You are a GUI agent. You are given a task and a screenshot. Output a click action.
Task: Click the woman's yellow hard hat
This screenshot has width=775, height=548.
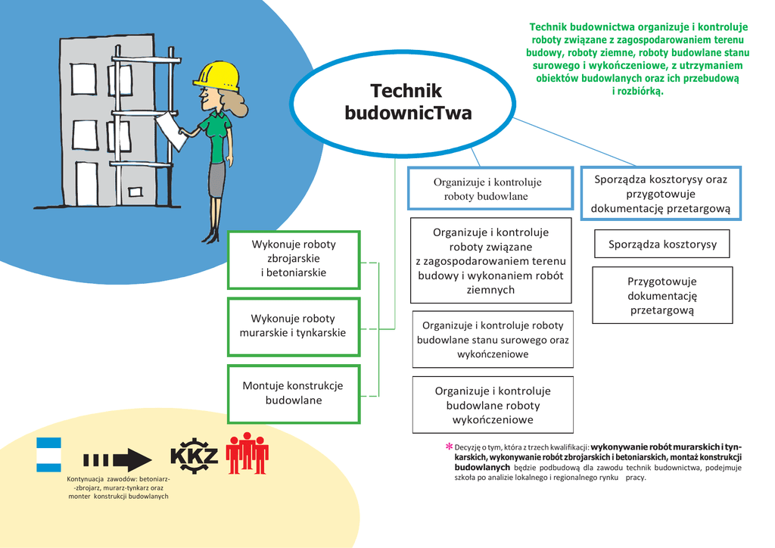click(217, 75)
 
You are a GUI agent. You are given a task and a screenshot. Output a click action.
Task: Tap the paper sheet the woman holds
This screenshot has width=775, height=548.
click(171, 130)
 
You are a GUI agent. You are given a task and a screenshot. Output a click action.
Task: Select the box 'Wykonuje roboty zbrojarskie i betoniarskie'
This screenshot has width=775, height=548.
click(294, 259)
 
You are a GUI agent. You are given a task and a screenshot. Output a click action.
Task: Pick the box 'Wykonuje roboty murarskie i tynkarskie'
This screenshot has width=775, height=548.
click(293, 325)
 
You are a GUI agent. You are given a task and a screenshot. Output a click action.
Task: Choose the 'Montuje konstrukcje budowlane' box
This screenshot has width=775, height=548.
click(293, 394)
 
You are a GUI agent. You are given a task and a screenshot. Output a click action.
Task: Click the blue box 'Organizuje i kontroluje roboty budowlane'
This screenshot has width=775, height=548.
click(487, 188)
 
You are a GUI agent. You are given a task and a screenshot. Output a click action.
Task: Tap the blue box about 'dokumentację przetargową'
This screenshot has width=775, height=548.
click(660, 194)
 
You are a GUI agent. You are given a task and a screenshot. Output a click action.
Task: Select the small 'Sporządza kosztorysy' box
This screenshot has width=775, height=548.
click(661, 244)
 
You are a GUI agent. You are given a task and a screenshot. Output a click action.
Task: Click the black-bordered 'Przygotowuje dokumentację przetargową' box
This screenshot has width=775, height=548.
click(661, 295)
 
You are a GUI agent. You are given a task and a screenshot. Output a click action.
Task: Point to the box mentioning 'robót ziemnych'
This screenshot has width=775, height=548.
click(490, 260)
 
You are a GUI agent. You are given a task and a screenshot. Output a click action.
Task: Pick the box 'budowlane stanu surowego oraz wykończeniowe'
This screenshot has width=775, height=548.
click(492, 339)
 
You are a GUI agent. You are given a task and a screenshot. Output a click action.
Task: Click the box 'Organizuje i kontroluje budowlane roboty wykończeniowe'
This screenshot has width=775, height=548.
click(492, 405)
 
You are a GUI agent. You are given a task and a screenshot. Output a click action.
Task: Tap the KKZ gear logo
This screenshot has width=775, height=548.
click(194, 456)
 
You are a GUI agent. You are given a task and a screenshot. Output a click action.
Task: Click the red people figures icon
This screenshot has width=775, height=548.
click(247, 453)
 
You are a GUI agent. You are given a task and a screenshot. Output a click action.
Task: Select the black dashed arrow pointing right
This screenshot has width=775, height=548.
click(117, 459)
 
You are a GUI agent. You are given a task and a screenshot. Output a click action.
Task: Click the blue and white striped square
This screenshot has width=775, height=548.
click(48, 454)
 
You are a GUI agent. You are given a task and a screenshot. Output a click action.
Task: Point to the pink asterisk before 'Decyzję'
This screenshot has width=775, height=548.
click(448, 447)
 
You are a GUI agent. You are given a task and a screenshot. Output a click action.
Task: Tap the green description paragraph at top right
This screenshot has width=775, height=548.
click(637, 59)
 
